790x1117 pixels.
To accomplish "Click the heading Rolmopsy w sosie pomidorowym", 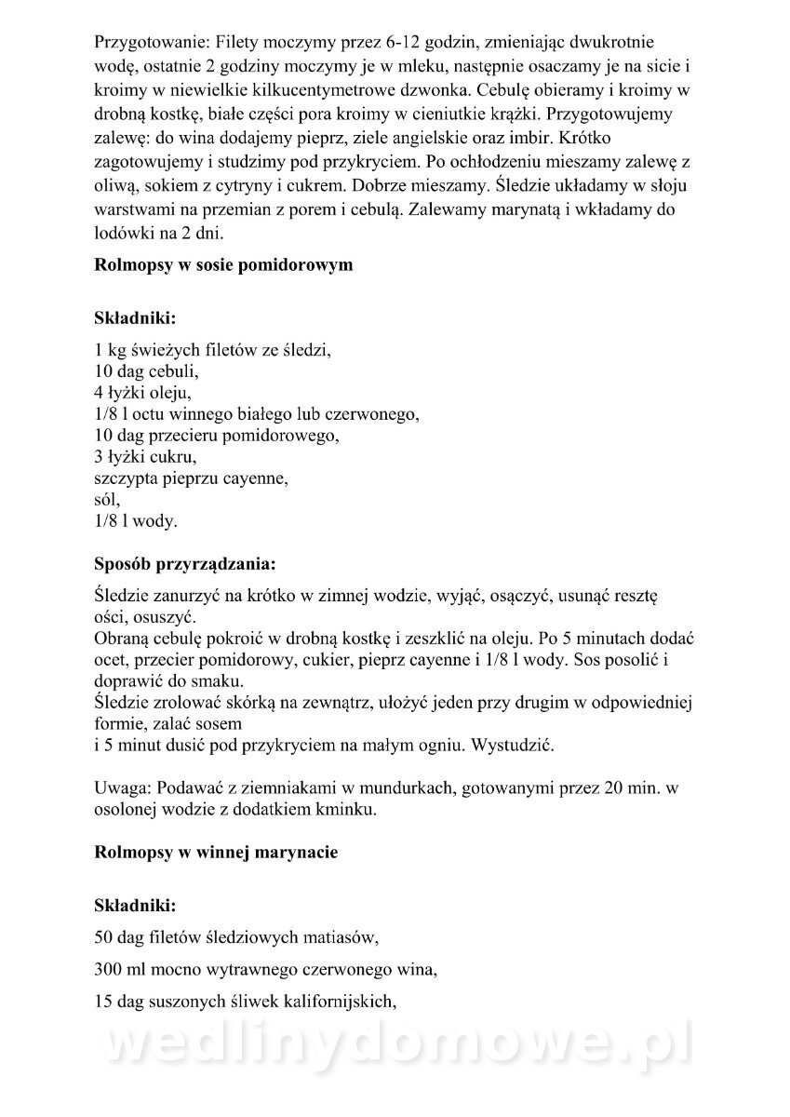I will coord(223,265).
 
